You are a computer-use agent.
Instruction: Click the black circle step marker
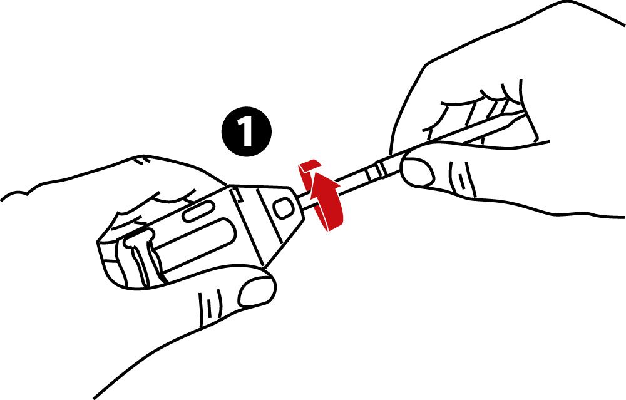(x=246, y=131)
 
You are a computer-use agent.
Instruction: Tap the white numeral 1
(x=245, y=131)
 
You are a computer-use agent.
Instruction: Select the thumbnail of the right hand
(x=418, y=172)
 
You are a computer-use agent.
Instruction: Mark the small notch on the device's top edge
(x=237, y=195)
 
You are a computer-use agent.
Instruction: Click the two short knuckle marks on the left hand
(x=140, y=160)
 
